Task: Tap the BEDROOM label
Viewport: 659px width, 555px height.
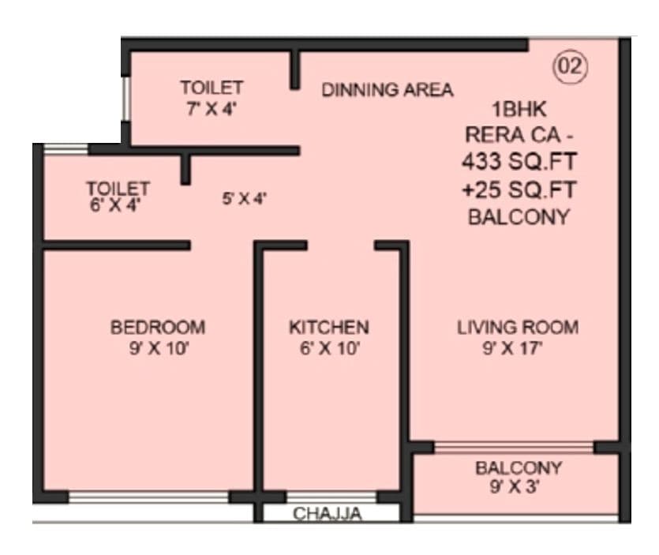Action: tap(158, 327)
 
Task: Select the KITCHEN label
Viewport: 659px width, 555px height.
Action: tap(328, 327)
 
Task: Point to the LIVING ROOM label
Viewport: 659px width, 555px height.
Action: tap(518, 327)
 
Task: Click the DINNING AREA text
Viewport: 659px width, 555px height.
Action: tap(387, 90)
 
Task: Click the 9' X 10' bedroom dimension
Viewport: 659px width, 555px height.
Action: tap(158, 348)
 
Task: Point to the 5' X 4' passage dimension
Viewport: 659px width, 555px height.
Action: tap(244, 200)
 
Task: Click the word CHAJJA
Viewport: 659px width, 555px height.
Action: tap(328, 515)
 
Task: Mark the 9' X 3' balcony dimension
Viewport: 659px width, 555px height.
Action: tap(518, 488)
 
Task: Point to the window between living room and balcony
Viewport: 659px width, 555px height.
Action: tap(514, 448)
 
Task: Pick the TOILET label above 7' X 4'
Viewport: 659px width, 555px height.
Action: tap(211, 88)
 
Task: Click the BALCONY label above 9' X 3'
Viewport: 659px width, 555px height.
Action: tap(518, 468)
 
